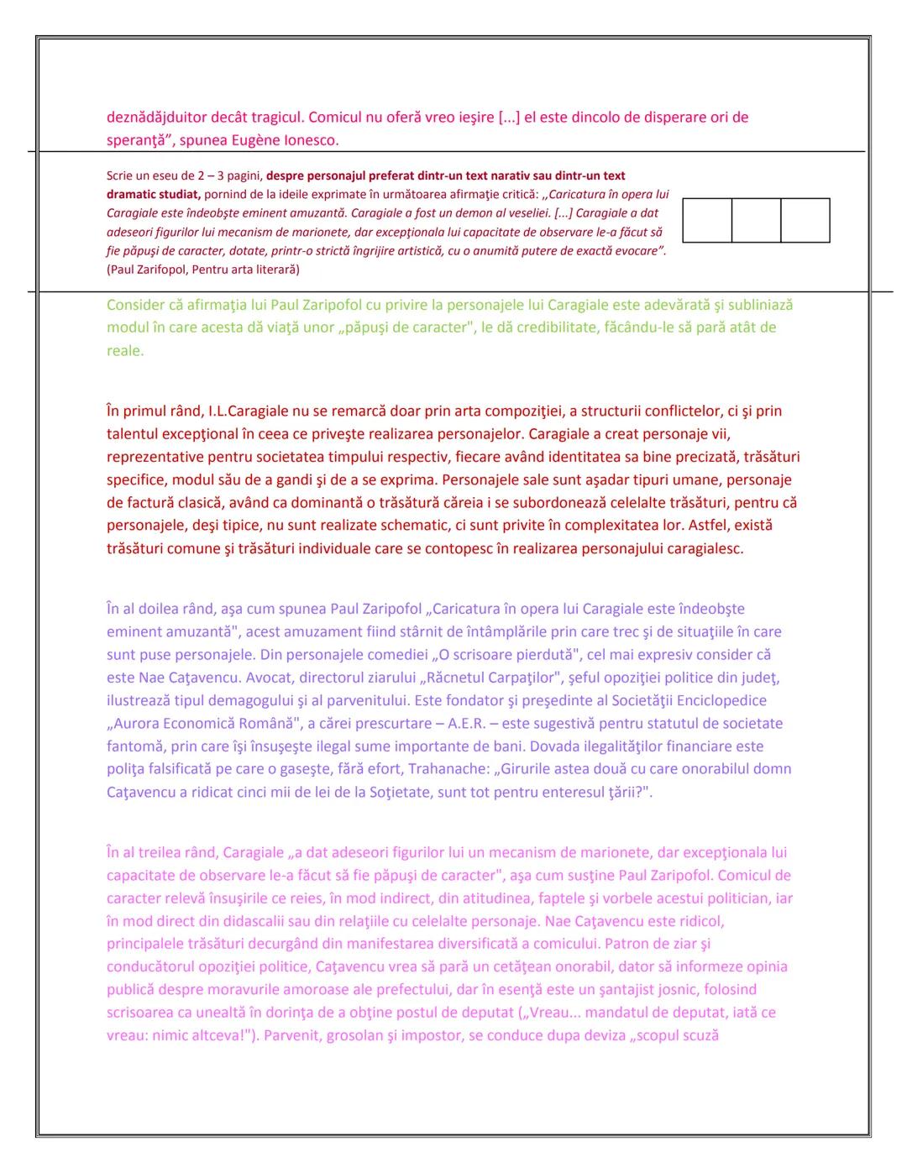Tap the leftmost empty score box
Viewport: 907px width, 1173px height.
[x=707, y=221]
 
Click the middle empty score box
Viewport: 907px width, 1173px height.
[x=756, y=221]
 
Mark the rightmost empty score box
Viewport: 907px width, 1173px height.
[x=805, y=221]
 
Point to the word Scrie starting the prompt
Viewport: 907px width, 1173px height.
[x=120, y=175]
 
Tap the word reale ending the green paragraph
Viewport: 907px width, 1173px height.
[x=124, y=351]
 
